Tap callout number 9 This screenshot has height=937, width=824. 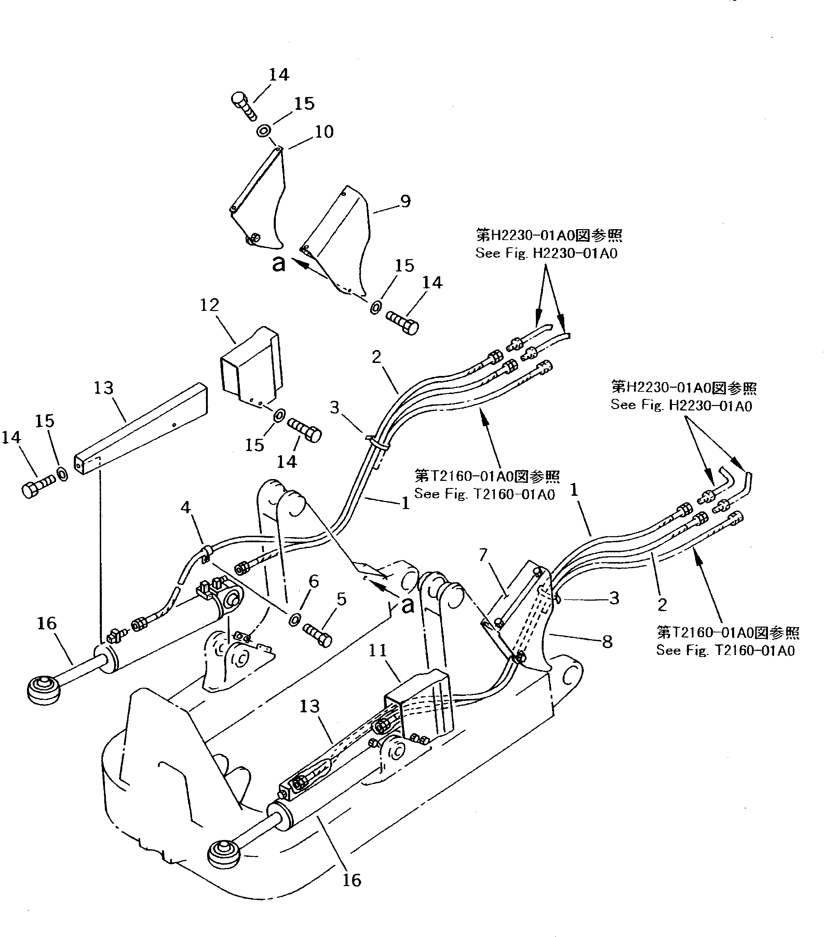click(405, 201)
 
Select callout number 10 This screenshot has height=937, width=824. click(324, 132)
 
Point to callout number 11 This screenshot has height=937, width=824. click(378, 651)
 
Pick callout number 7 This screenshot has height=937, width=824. click(483, 556)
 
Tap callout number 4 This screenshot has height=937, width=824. click(185, 507)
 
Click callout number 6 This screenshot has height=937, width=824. click(313, 581)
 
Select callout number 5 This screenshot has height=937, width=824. click(341, 599)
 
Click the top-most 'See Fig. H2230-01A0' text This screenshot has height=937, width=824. click(546, 253)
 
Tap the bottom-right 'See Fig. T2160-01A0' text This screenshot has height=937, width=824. click(725, 651)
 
